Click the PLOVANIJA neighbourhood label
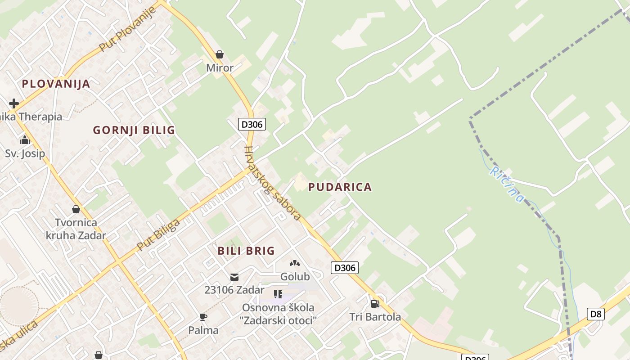[56, 84]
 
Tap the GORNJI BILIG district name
[134, 130]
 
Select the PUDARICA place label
[340, 187]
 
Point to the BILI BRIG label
[246, 251]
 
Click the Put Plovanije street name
[127, 29]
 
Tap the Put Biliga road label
[158, 235]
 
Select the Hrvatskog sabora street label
[272, 183]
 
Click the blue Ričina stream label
[507, 184]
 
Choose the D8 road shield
[595, 314]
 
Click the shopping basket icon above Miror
[220, 55]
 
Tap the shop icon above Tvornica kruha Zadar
[76, 209]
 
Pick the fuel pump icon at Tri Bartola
[375, 303]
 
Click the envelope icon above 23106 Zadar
[234, 277]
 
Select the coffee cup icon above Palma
[203, 317]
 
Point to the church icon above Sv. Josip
[25, 140]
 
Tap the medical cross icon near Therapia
[14, 103]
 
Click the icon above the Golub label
[295, 263]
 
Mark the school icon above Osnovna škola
[278, 294]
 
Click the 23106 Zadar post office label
[234, 290]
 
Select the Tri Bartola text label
[375, 317]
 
